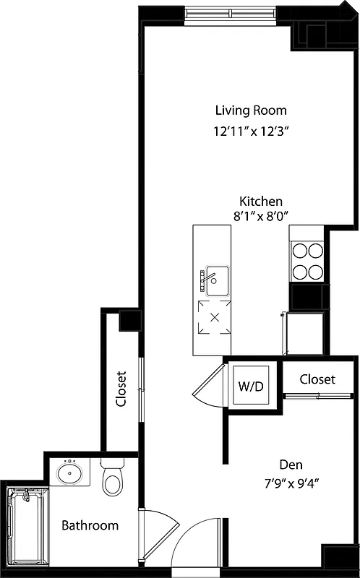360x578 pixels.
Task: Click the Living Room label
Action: [x=251, y=111]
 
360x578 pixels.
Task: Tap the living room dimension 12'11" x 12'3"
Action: [x=247, y=131]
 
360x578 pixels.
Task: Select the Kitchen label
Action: [x=261, y=202]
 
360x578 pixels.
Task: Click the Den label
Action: [x=291, y=465]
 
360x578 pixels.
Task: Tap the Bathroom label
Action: [x=90, y=525]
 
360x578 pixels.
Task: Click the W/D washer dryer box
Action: [x=252, y=385]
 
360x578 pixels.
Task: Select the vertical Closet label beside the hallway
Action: [x=121, y=389]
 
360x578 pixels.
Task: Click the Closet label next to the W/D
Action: [x=317, y=379]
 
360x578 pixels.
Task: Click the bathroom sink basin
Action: [x=70, y=474]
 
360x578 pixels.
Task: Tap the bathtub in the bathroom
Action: [x=26, y=525]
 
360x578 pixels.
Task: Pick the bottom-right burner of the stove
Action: [x=315, y=272]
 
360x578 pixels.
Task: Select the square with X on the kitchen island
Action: [x=214, y=317]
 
